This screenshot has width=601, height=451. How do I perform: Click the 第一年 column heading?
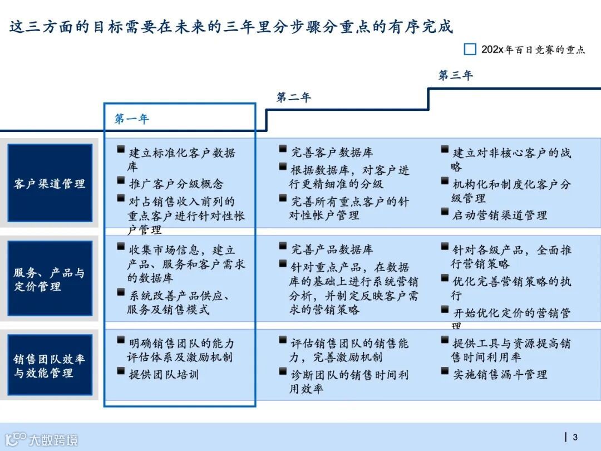132,119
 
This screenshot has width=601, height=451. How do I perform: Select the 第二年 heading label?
293,97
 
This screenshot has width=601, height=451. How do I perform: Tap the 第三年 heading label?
455,75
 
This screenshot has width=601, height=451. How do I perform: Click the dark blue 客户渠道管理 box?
50,183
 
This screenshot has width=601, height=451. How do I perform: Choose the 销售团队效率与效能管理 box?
50,366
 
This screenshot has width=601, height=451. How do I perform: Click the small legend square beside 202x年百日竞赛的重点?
470,49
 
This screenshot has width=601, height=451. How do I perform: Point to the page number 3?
575,437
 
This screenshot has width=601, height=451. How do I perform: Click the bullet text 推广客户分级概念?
176,184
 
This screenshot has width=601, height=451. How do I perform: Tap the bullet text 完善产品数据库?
332,249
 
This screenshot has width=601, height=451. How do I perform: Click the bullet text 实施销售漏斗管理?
500,375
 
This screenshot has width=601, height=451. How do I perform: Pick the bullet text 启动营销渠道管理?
500,215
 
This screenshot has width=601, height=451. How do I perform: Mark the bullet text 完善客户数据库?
332,152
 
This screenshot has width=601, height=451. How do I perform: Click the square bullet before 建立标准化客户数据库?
121,150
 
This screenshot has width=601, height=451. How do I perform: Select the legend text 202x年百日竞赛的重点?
533,50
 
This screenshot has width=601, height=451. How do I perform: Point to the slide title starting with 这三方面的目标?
231,26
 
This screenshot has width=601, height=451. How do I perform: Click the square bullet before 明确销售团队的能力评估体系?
121,341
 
